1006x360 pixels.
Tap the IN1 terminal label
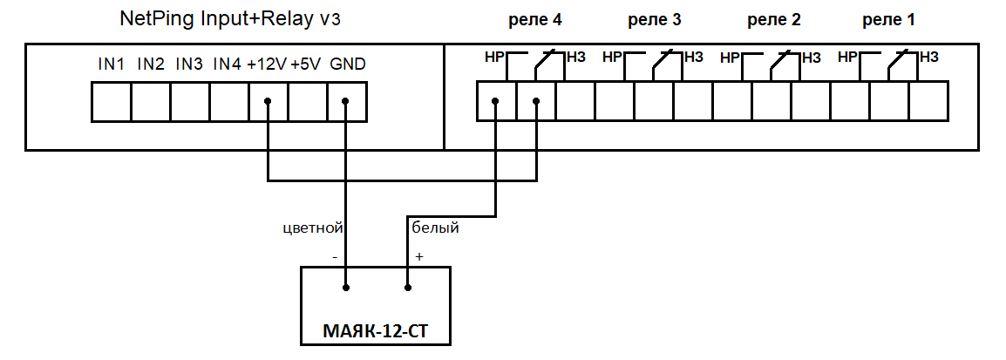(112, 65)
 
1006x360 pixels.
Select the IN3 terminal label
(189, 65)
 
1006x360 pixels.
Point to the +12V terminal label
(266, 65)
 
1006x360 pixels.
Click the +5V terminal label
(306, 65)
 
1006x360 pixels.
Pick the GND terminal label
(348, 65)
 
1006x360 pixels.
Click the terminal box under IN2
(151, 101)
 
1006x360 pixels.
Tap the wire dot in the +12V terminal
(268, 101)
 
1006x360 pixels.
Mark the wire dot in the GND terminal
(346, 101)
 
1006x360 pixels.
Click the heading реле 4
(534, 19)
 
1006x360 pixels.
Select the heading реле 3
(654, 19)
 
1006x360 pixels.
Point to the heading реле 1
(888, 19)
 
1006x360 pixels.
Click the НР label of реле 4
(495, 58)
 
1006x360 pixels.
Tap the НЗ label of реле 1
(928, 58)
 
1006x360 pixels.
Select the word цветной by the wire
(314, 228)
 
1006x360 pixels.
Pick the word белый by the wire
(435, 228)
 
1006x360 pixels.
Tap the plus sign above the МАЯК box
(419, 257)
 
